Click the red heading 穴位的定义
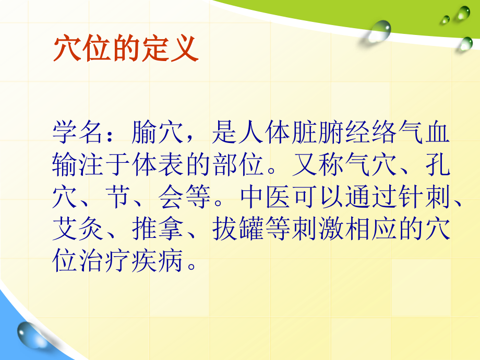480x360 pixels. tap(125, 50)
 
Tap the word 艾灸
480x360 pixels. tap(79, 229)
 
